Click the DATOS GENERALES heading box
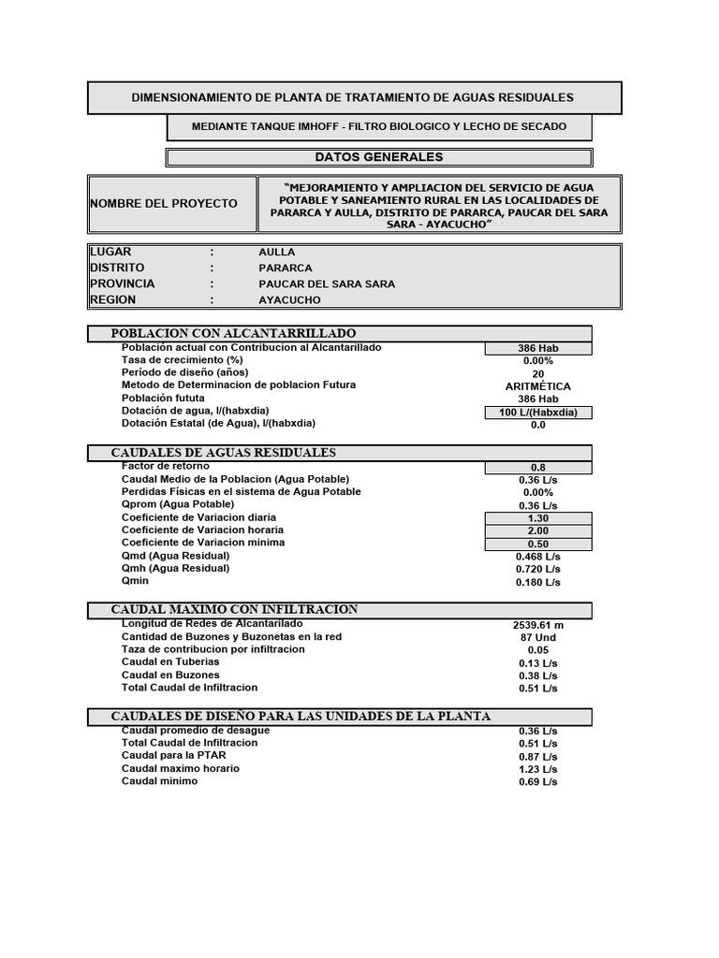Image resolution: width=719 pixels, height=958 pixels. pyautogui.click(x=378, y=157)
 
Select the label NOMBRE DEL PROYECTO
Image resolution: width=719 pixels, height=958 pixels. pyautogui.click(x=163, y=203)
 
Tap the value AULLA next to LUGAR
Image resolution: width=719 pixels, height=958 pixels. pyautogui.click(x=276, y=253)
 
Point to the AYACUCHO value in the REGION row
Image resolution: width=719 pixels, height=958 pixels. pyautogui.click(x=289, y=300)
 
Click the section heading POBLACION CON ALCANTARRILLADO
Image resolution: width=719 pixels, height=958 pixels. pyautogui.click(x=233, y=334)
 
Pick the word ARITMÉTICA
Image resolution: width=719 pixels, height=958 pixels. pyautogui.click(x=537, y=386)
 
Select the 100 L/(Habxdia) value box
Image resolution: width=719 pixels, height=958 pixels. pyautogui.click(x=537, y=413)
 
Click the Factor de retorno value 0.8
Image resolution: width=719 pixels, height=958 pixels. pyautogui.click(x=537, y=468)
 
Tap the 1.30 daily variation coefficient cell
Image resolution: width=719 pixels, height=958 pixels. pyautogui.click(x=537, y=518)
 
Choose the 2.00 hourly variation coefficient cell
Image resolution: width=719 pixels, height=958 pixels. pyautogui.click(x=537, y=531)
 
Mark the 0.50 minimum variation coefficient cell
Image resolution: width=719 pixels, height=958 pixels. pyautogui.click(x=537, y=544)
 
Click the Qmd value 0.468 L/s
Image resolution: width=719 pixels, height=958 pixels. pyautogui.click(x=537, y=557)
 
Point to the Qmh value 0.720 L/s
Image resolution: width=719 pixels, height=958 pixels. pyautogui.click(x=537, y=569)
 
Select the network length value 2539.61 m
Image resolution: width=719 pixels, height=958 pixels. pyautogui.click(x=537, y=624)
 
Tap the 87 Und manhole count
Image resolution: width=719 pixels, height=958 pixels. pyautogui.click(x=537, y=637)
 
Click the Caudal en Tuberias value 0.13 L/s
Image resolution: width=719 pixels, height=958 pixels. pyautogui.click(x=537, y=662)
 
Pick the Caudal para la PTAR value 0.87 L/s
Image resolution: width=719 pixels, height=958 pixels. pyautogui.click(x=537, y=757)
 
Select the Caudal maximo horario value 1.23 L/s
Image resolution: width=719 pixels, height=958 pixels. pyautogui.click(x=537, y=769)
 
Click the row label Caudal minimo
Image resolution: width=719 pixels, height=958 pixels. pyautogui.click(x=159, y=781)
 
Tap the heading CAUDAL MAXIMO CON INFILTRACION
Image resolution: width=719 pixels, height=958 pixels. pyautogui.click(x=234, y=610)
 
